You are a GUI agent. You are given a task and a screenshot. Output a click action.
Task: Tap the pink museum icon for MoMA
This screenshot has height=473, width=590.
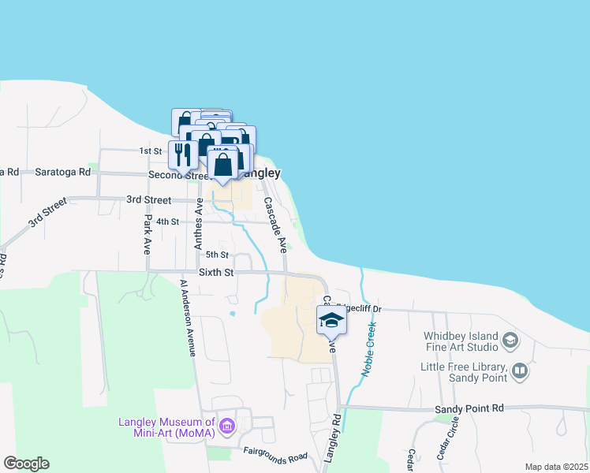coord(227,426)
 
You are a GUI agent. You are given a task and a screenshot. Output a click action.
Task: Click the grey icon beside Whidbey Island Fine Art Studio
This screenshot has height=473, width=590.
coord(510,341)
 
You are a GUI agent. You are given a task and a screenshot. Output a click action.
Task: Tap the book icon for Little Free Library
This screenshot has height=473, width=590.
coord(520,371)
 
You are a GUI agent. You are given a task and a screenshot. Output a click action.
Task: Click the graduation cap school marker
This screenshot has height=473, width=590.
coord(331,320)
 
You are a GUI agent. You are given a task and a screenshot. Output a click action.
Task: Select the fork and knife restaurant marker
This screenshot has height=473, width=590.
coord(183,153)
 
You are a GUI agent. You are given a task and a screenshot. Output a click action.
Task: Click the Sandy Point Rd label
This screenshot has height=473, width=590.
coord(469,409)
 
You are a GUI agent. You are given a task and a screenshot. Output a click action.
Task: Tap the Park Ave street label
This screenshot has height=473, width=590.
coord(147,234)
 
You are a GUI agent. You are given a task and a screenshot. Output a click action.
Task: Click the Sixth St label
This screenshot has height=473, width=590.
coord(216,273)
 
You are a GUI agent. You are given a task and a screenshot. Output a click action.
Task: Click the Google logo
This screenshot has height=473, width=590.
coord(26,464)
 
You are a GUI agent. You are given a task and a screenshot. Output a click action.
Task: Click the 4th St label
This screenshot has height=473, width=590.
coord(168,222)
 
